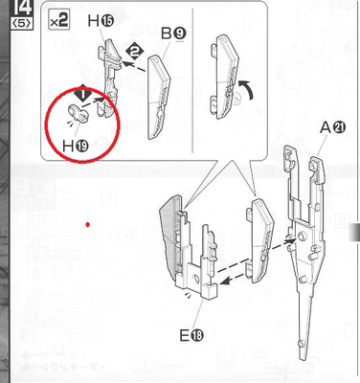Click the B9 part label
tap(173, 34)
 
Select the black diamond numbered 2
tap(135, 50)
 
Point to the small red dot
tap(87, 225)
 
